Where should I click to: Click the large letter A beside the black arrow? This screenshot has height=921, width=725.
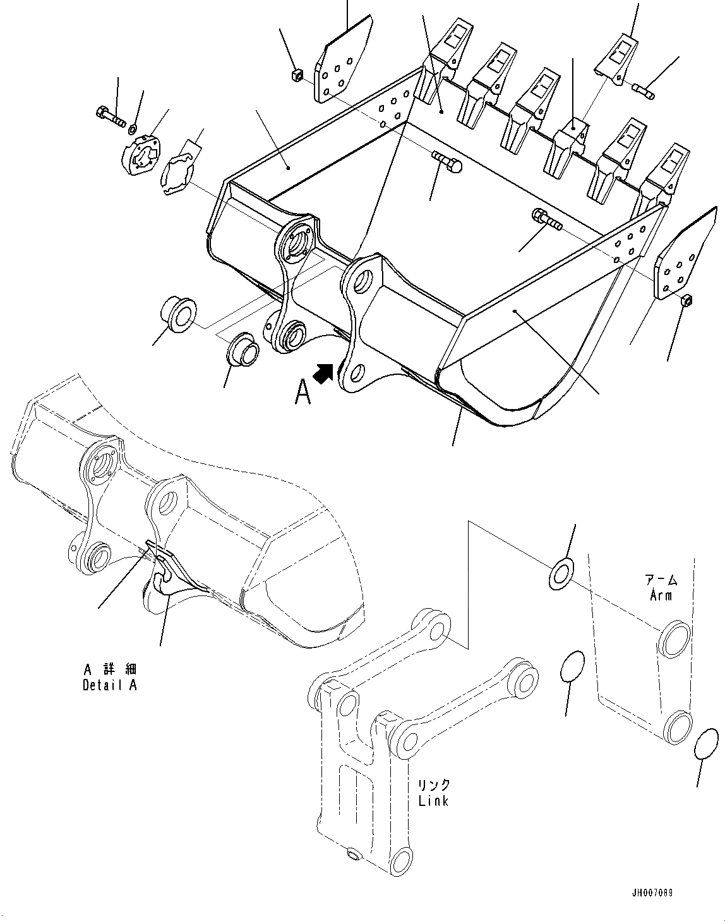pyautogui.click(x=303, y=393)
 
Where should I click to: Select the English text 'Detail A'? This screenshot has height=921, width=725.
pyautogui.click(x=109, y=685)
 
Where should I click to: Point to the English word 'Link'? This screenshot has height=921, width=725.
pyautogui.click(x=433, y=800)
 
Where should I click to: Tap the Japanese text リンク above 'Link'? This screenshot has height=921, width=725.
pyautogui.click(x=434, y=785)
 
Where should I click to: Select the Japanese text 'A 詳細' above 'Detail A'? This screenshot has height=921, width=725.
pyautogui.click(x=110, y=669)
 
